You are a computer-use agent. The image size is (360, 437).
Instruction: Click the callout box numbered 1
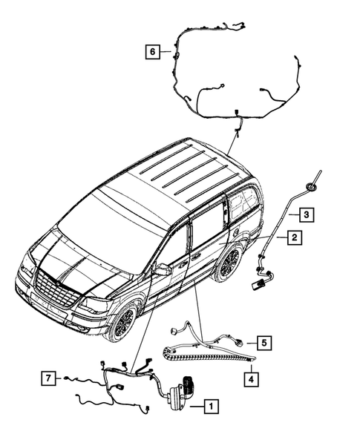coord(212,406)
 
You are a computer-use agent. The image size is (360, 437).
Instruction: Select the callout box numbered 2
coord(294,237)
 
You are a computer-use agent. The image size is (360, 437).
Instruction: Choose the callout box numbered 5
coord(264,342)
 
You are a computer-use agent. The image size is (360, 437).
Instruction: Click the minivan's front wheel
coord(121,321)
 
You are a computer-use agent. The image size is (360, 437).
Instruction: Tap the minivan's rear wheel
coord(229,264)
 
